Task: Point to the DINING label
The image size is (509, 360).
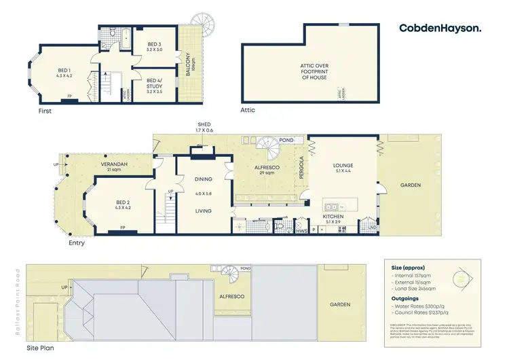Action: pyautogui.click(x=204, y=179)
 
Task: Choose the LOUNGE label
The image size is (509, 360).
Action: pyautogui.click(x=343, y=166)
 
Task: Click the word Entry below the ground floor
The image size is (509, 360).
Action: pyautogui.click(x=77, y=242)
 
